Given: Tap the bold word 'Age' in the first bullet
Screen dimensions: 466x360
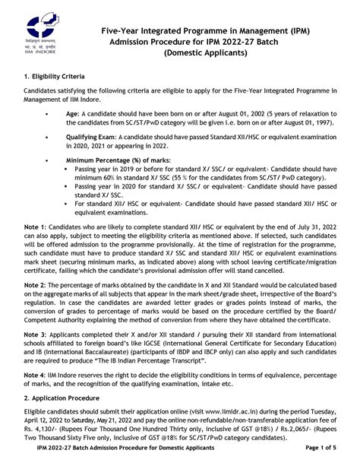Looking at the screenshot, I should point(72,114).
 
